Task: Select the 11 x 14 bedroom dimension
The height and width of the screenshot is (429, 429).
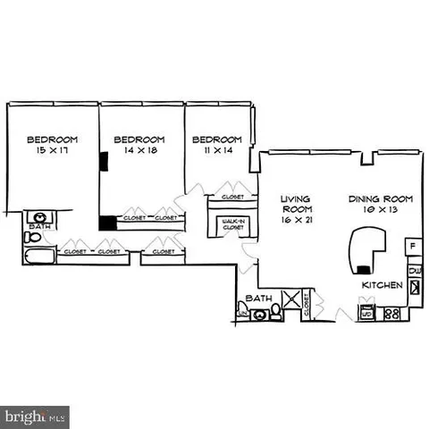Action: [x=217, y=150]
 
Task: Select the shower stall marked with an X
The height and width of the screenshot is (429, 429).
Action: [x=291, y=302]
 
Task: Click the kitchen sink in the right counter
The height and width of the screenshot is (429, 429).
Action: [x=414, y=287]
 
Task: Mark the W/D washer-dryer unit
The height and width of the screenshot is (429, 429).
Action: [x=366, y=314]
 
